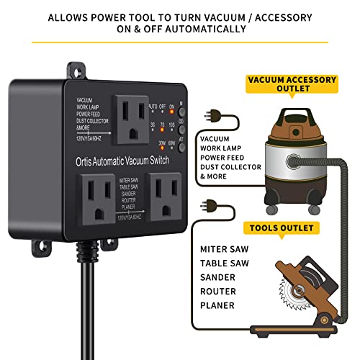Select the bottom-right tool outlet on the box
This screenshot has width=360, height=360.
tap(163, 194)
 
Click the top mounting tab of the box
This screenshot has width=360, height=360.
tap(76, 71)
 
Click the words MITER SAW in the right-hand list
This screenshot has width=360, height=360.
tap(224, 248)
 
